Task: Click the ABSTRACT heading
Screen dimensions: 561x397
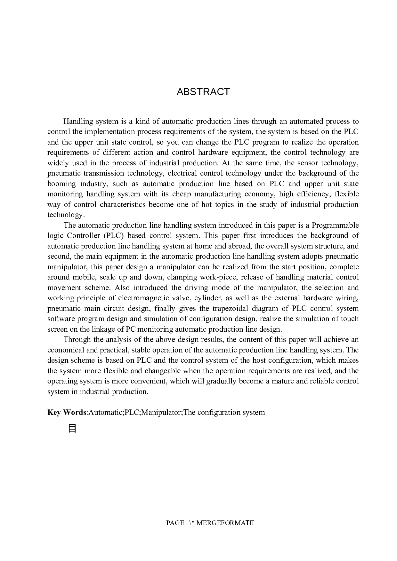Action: coord(203,92)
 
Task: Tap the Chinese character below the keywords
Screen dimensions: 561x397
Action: coord(72,429)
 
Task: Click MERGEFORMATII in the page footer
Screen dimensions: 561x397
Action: coord(225,523)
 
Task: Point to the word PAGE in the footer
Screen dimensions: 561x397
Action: coord(175,523)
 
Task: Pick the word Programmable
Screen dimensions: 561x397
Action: coord(335,225)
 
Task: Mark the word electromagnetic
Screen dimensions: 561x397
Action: coord(144,298)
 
